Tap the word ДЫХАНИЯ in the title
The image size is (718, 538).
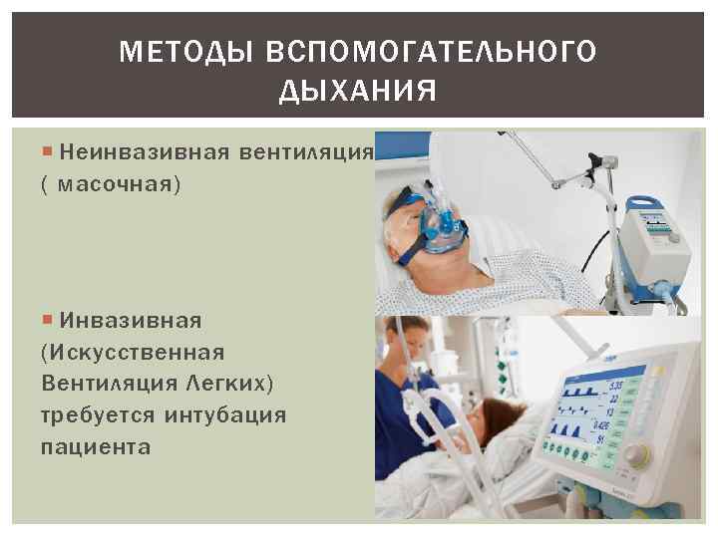pos(358,93)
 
